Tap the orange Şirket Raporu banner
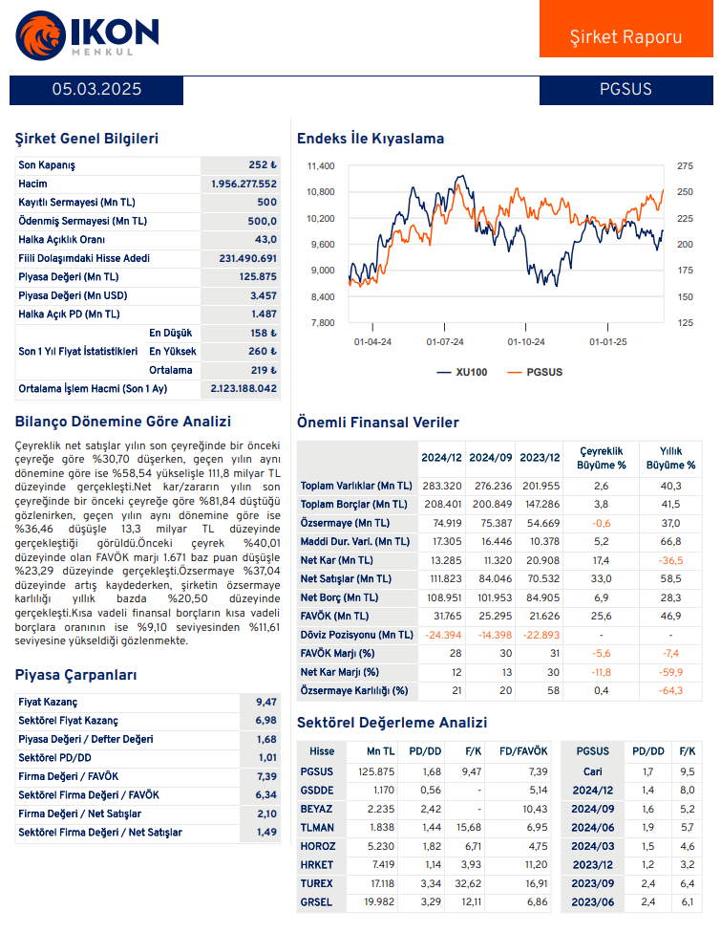[626, 37]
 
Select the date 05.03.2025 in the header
[96, 90]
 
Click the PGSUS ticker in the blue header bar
[626, 90]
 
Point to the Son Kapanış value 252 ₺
[262, 165]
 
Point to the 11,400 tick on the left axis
[320, 166]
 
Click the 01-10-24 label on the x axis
[526, 341]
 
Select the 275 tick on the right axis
[685, 166]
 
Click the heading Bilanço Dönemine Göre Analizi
[123, 422]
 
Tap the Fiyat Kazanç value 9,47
[266, 703]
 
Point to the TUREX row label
[317, 883]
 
